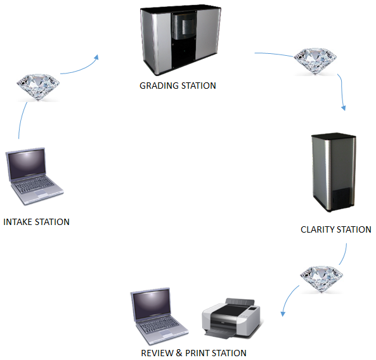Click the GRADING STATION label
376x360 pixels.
178,86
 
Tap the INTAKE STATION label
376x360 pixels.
36,222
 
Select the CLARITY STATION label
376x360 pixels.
336,229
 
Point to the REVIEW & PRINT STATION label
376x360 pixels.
193,353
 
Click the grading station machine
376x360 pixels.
180,39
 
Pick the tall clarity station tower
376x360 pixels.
334,172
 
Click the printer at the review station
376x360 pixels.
231,318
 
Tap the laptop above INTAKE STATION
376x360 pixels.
34,176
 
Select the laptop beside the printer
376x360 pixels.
159,316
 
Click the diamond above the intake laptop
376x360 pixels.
38,87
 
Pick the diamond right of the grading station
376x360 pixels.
315,61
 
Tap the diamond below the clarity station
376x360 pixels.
321,280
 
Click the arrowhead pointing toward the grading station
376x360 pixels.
96,57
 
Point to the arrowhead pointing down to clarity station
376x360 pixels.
344,108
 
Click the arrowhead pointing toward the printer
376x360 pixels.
283,314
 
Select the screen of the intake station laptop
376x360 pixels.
27,165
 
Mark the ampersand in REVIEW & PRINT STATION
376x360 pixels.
179,353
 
